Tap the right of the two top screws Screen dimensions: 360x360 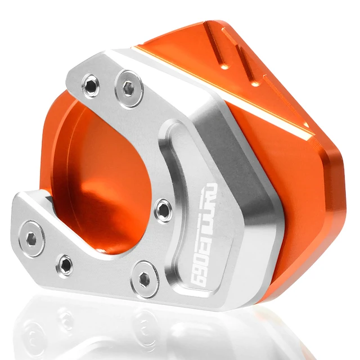129,88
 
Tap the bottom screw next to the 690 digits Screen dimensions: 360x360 147,276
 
